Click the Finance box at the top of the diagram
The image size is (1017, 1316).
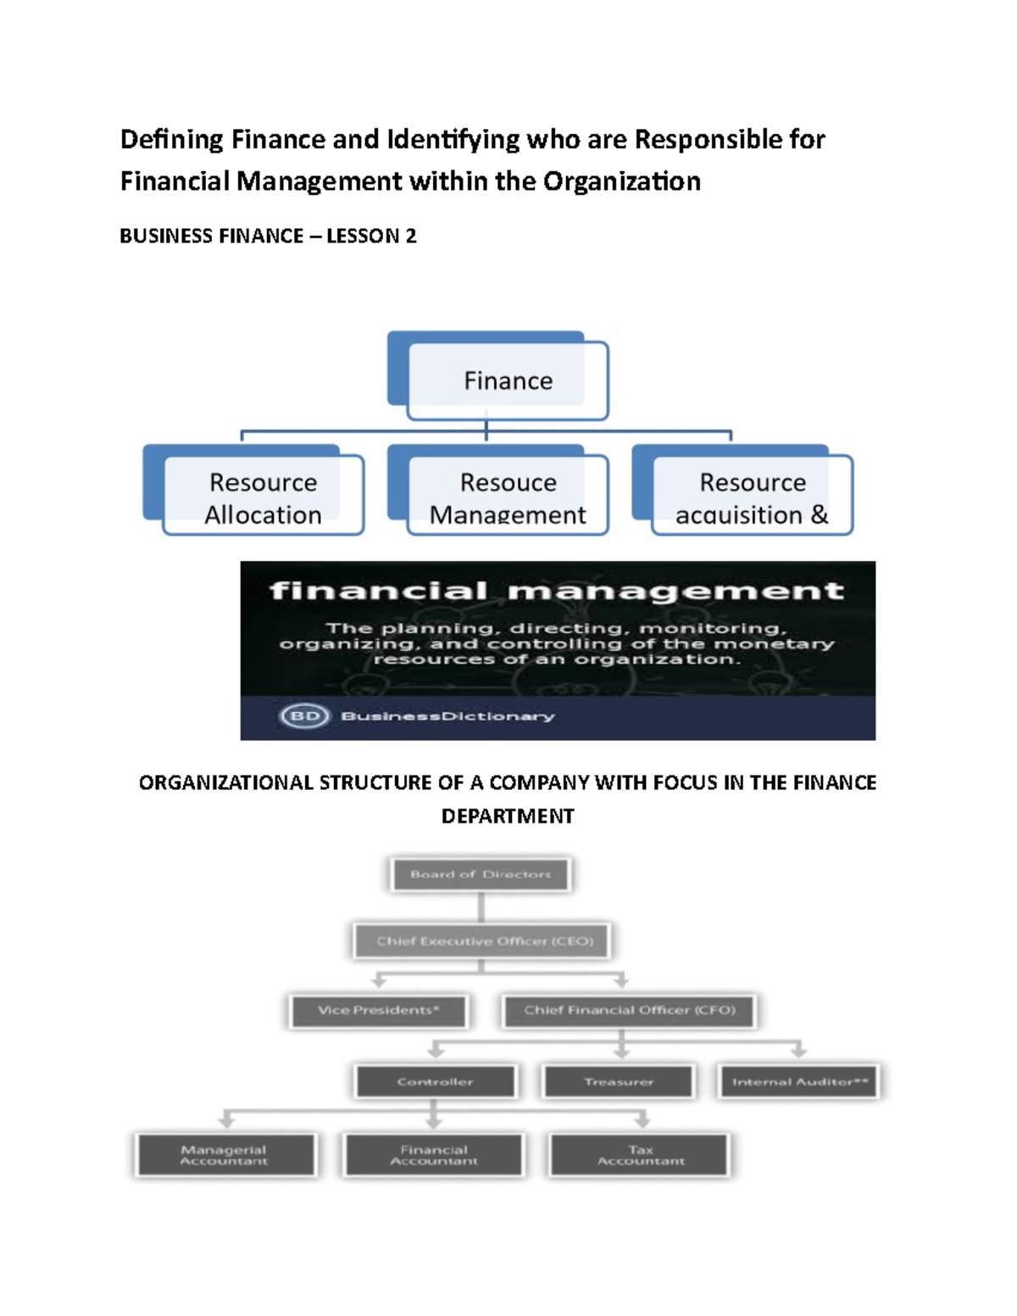coord(508,380)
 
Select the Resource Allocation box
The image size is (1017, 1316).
coord(263,497)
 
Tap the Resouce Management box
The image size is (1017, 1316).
coord(508,497)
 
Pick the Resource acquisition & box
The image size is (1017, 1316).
coord(752,497)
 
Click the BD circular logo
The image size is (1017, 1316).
coord(304,716)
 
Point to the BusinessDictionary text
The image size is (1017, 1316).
coord(447,716)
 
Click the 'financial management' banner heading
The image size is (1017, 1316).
coord(557,591)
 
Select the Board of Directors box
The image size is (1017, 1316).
coord(481,875)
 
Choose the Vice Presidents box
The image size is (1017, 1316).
coord(379,1010)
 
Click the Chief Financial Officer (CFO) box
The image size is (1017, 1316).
coord(629,1010)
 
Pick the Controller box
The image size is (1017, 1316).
coord(435,1081)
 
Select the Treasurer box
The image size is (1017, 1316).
coord(619,1081)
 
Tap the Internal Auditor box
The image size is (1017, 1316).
coord(799,1081)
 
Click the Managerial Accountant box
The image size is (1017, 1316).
coord(224,1155)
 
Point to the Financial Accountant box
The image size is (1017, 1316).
coord(434,1155)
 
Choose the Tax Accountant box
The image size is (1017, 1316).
coord(641,1155)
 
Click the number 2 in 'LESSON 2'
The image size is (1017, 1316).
coord(411,236)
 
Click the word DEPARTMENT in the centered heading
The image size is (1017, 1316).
coord(508,816)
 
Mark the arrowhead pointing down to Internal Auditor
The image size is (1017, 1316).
coord(798,1052)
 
